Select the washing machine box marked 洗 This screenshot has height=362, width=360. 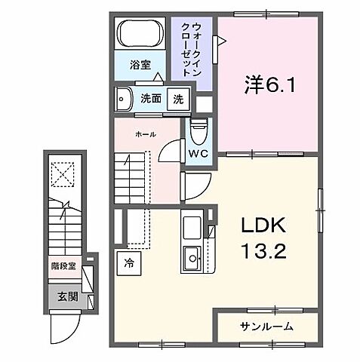[x=178, y=98]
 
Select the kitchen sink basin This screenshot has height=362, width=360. [x=192, y=259]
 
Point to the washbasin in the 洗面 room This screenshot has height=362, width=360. [x=123, y=98]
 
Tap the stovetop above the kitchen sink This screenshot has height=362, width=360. [x=191, y=225]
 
